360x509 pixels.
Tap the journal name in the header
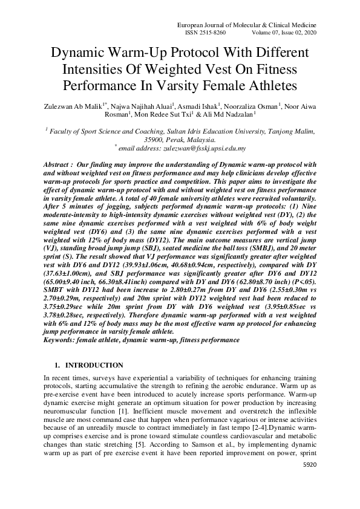pyautogui.click(x=246, y=24)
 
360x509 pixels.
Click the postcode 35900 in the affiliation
pyautogui.click(x=163, y=138)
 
